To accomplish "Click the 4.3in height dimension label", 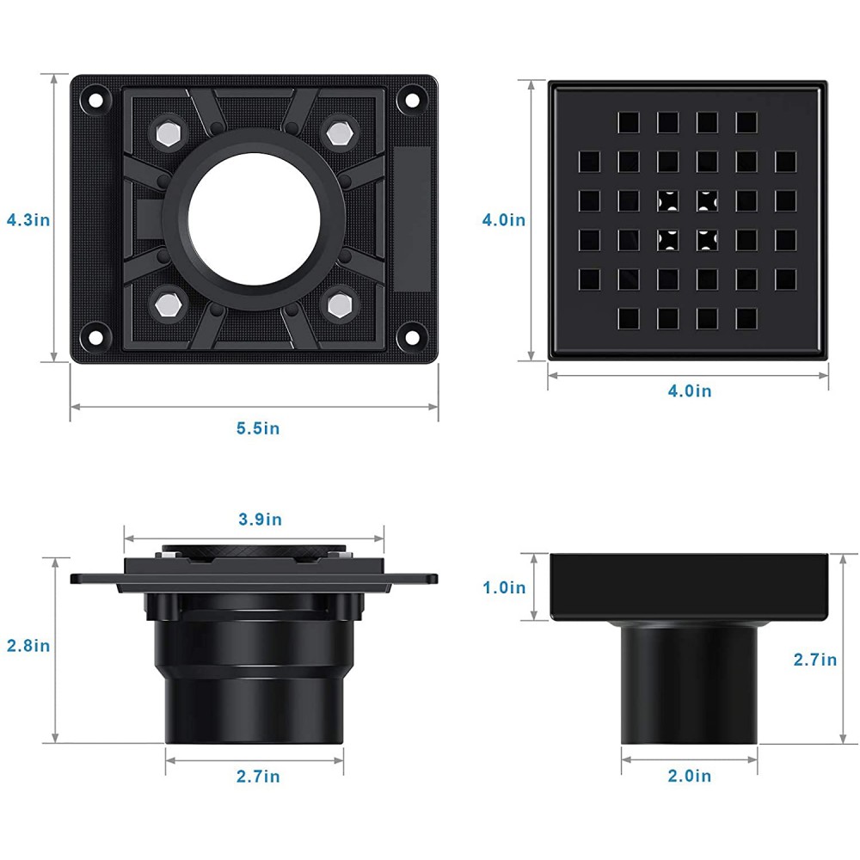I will (28, 220).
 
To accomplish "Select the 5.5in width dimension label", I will (257, 428).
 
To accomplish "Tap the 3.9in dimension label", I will (259, 519).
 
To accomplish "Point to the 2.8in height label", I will (28, 646).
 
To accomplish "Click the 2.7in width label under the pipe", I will (258, 777).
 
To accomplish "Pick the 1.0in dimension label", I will (503, 587).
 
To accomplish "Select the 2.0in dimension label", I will (690, 776).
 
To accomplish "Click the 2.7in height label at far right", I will (815, 660).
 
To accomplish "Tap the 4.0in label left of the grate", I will (503, 220).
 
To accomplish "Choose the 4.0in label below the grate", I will (690, 390).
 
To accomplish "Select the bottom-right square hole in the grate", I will (746, 319).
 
